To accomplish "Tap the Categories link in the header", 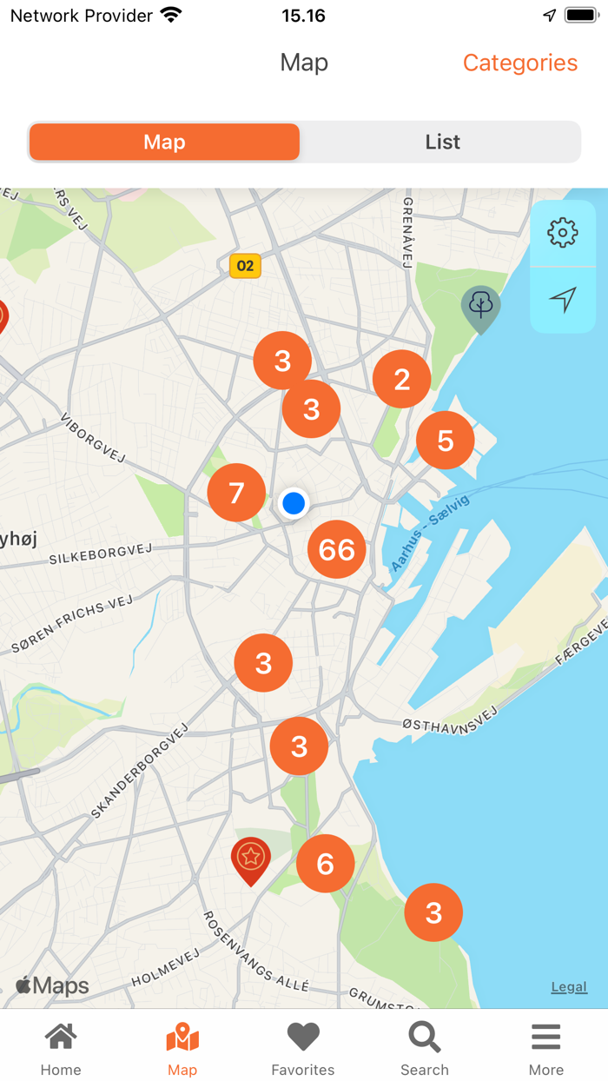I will pyautogui.click(x=519, y=63).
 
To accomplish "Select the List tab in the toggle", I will pyautogui.click(x=442, y=142).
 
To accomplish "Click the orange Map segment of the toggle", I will pyautogui.click(x=164, y=142).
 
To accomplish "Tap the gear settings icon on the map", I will pyautogui.click(x=563, y=233).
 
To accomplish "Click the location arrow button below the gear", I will pyautogui.click(x=563, y=300).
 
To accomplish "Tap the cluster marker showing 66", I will pyautogui.click(x=337, y=549).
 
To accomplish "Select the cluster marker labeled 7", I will pyautogui.click(x=236, y=493).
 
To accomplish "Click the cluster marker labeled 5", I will pyautogui.click(x=446, y=441).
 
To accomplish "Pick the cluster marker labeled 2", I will pyautogui.click(x=401, y=379).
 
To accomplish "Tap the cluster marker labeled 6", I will pyautogui.click(x=326, y=863).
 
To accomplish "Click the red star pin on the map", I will pyautogui.click(x=250, y=859).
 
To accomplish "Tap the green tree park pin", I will pyautogui.click(x=480, y=307).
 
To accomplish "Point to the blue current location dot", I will pyautogui.click(x=294, y=503).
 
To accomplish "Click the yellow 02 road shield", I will pyautogui.click(x=245, y=266).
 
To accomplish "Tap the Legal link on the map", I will pyautogui.click(x=569, y=986).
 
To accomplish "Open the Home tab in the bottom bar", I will pyautogui.click(x=61, y=1047).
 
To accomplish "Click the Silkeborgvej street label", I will pyautogui.click(x=101, y=553).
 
